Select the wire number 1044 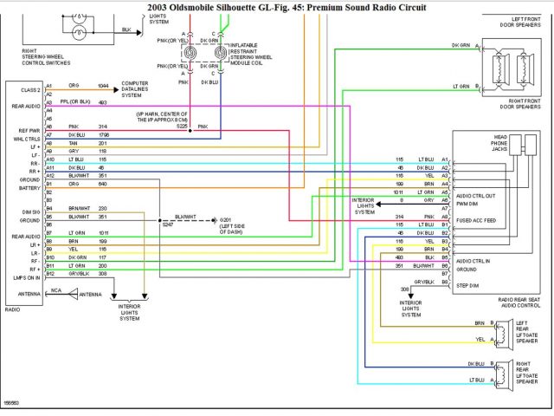pyautogui.click(x=103, y=86)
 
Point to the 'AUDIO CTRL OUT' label pyautogui.click(x=475, y=195)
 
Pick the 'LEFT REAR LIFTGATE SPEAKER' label pyautogui.click(x=527, y=333)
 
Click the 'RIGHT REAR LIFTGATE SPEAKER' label pyautogui.click(x=527, y=373)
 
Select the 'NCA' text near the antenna pyautogui.click(x=55, y=291)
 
